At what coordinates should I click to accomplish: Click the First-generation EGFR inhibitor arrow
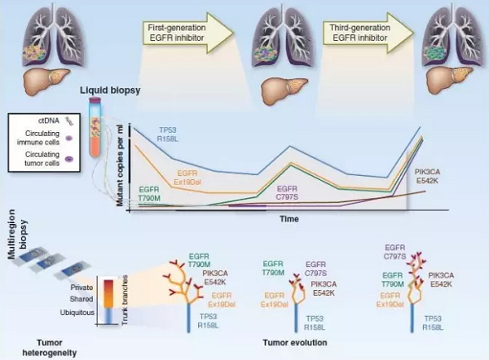tap(187, 33)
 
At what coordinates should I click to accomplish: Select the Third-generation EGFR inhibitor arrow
tap(368, 33)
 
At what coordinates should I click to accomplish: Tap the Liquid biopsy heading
tap(110, 90)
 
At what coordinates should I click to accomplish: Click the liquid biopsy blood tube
tap(95, 127)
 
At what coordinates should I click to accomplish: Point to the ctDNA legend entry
tap(55, 121)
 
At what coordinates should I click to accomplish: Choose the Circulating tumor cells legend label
tap(42, 159)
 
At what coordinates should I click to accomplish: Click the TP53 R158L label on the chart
tap(168, 134)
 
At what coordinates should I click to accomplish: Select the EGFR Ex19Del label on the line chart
tap(187, 178)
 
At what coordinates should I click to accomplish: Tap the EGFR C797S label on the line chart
tap(287, 193)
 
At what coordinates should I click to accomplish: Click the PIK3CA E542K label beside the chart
tap(427, 176)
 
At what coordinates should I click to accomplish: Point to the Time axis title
tap(289, 219)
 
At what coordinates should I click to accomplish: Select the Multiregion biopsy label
tap(17, 235)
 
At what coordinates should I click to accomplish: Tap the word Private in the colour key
tap(81, 288)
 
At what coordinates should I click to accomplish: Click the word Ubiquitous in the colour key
tap(77, 313)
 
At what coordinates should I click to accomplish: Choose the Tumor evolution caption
tap(295, 343)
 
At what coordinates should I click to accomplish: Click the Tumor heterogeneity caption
tap(50, 348)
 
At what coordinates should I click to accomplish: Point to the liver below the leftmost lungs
tap(46, 81)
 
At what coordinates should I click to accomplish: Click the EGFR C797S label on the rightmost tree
tap(394, 252)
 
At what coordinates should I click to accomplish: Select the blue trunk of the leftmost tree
tap(188, 318)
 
